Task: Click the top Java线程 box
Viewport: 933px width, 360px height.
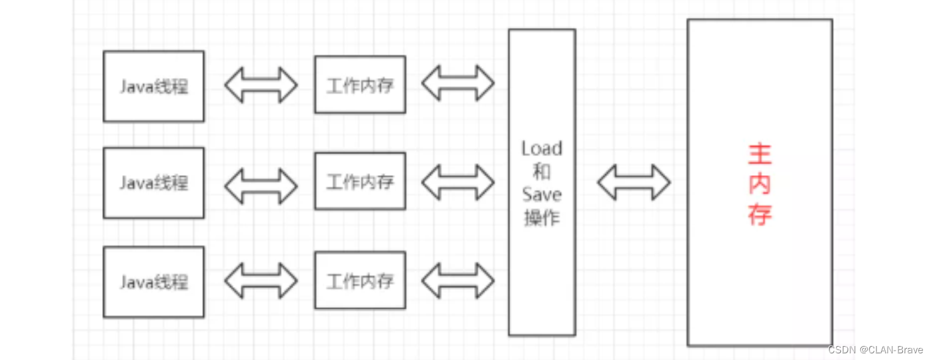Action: pos(153,87)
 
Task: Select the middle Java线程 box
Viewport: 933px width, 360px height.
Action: pos(153,183)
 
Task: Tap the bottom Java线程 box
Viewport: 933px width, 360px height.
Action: pos(153,281)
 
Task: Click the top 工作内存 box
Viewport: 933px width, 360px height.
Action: pos(360,85)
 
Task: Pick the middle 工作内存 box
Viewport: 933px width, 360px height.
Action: pos(360,181)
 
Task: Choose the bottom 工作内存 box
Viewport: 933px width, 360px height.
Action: pos(360,280)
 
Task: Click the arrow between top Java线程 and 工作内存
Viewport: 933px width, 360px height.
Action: pos(260,85)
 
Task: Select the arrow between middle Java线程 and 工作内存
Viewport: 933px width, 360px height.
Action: pos(260,185)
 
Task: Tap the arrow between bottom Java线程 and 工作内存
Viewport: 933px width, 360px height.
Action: pos(260,281)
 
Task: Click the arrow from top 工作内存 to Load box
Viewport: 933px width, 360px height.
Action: pos(457,83)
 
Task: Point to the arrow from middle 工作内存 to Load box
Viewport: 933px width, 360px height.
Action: pos(457,181)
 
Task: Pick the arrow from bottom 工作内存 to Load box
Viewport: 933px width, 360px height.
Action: pos(457,280)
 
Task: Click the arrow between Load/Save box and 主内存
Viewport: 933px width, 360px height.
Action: pos(634,182)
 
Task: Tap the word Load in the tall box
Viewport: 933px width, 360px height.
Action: pos(542,148)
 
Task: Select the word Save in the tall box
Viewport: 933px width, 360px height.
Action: pos(542,195)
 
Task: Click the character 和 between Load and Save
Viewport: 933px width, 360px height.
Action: pos(542,171)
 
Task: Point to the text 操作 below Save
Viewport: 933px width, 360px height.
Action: pos(542,217)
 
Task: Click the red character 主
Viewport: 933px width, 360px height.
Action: pos(760,155)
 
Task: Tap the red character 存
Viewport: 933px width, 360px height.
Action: pos(760,215)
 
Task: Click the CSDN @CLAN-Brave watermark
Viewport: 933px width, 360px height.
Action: pos(876,349)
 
